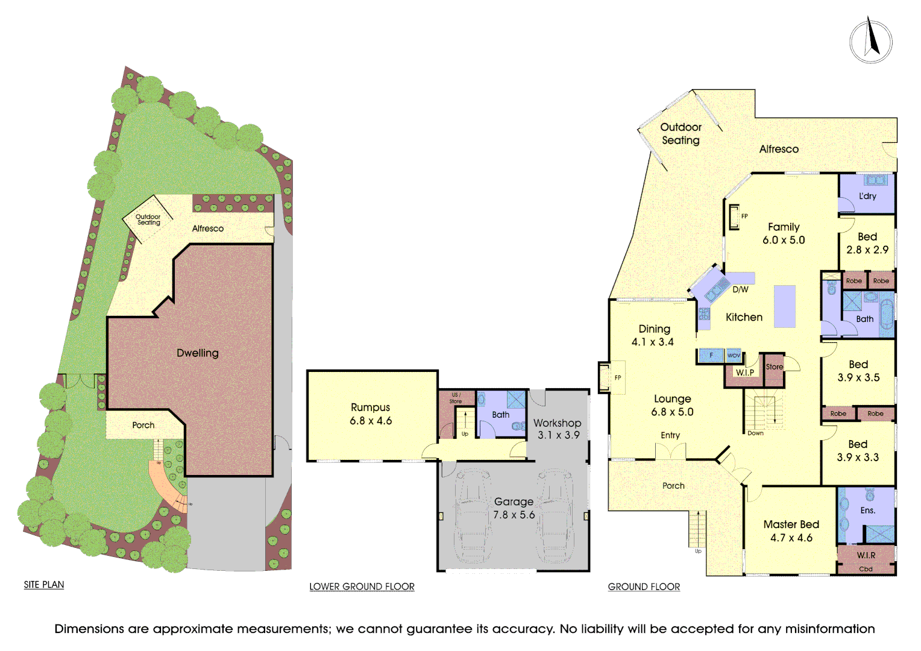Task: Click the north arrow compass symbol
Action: click(x=870, y=41)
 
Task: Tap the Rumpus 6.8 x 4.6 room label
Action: click(x=371, y=414)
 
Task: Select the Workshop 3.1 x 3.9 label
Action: click(x=558, y=429)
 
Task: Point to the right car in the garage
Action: click(x=555, y=516)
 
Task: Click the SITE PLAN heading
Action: click(x=44, y=585)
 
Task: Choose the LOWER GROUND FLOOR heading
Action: click(x=362, y=587)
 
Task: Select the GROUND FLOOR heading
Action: click(x=644, y=587)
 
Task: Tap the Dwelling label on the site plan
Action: click(x=198, y=353)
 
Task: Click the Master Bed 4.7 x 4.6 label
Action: click(x=791, y=531)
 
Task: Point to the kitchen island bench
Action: click(x=785, y=306)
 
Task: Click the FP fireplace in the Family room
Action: click(x=734, y=217)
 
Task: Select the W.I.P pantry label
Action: click(x=745, y=373)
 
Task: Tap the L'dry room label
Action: click(x=867, y=196)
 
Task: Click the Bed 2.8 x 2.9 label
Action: click(x=867, y=243)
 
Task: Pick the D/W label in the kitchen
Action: click(x=740, y=289)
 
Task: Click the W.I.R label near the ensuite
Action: click(x=866, y=555)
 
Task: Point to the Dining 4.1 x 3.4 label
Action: click(x=654, y=335)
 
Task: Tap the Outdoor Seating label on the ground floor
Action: click(x=681, y=134)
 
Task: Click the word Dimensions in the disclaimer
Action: click(x=89, y=629)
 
